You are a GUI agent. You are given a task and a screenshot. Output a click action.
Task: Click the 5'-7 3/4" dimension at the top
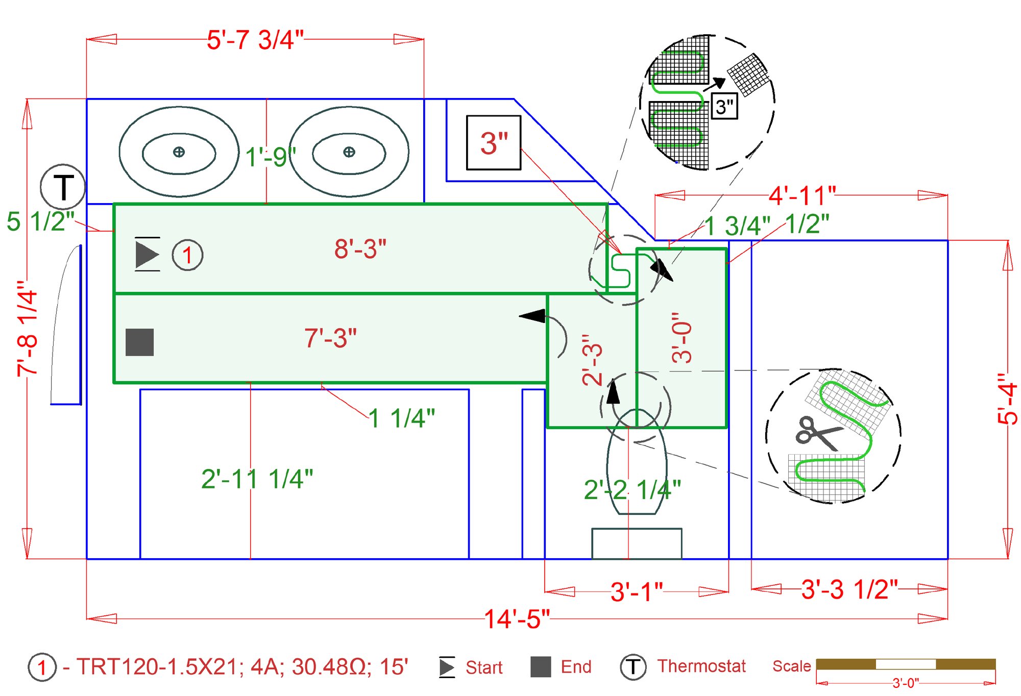[255, 40]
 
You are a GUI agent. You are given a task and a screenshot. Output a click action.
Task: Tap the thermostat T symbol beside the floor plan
[63, 187]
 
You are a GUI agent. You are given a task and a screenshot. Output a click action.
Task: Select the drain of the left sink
[179, 152]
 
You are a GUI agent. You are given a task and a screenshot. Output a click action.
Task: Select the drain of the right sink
[349, 152]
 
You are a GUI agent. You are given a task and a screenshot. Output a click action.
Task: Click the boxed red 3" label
[494, 143]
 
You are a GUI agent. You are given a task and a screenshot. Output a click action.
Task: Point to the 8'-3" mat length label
[360, 249]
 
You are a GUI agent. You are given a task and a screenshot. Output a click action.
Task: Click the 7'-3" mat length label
[330, 338]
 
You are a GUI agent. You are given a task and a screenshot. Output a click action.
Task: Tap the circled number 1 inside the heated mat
[187, 255]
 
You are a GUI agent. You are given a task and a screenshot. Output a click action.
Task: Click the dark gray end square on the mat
[139, 342]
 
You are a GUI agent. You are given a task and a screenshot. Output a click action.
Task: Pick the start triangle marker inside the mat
[147, 254]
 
